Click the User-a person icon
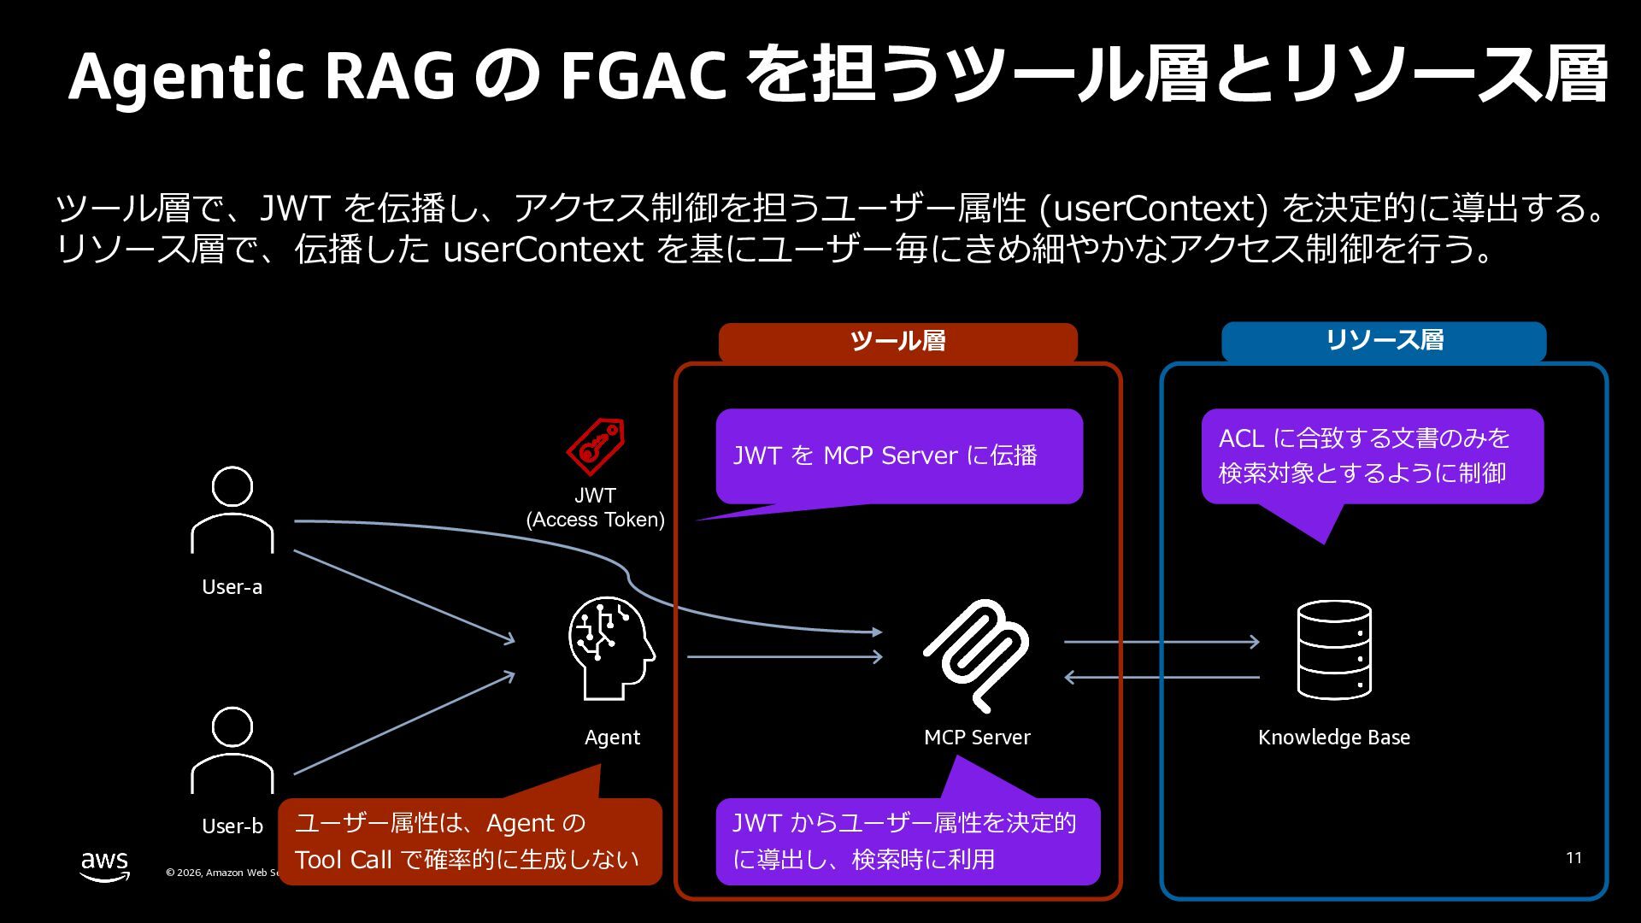coord(232,510)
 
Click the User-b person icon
coord(232,750)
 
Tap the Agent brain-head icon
coord(611,648)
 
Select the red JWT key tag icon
coord(596,446)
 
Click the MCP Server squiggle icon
coord(976,656)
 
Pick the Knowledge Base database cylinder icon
coord(1334,650)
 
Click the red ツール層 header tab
coord(897,342)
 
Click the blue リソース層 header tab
coord(1384,341)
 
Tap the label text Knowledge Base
coord(1334,738)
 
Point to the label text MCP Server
coord(977,738)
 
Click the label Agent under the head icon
coord(612,738)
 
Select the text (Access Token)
coord(596,520)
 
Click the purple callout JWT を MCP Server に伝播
coord(899,456)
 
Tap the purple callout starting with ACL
coord(1372,456)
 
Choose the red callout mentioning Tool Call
coord(470,841)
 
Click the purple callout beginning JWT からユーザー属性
coord(908,841)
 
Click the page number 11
coord(1574,858)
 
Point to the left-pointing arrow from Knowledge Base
coord(1162,678)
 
